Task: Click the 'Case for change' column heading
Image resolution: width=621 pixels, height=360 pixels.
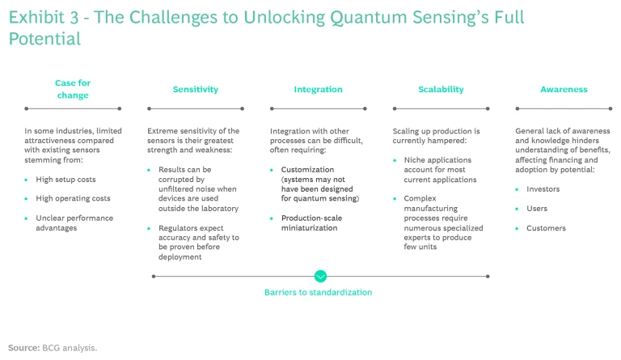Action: click(72, 89)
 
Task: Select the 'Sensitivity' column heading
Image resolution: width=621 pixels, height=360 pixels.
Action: click(195, 90)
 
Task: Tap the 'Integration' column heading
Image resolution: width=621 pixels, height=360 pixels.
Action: click(318, 90)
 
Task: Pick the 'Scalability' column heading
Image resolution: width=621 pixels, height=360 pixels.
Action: click(441, 90)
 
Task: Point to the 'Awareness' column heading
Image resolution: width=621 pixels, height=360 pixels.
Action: click(564, 90)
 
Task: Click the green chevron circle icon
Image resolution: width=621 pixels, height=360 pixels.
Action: click(320, 276)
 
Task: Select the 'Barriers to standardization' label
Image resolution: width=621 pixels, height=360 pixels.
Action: click(318, 292)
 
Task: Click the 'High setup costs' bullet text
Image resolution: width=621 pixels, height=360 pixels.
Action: click(66, 179)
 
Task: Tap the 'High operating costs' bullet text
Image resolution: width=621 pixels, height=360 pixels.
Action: click(73, 198)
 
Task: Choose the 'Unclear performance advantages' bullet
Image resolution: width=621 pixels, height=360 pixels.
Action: click(74, 222)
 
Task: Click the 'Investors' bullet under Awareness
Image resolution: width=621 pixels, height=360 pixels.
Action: click(543, 189)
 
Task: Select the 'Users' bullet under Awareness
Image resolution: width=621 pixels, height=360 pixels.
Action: click(538, 209)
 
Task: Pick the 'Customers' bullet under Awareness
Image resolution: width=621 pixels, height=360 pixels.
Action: click(547, 228)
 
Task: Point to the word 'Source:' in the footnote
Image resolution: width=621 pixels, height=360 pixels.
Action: click(23, 347)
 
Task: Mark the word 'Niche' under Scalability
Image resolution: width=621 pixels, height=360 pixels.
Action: click(415, 160)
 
